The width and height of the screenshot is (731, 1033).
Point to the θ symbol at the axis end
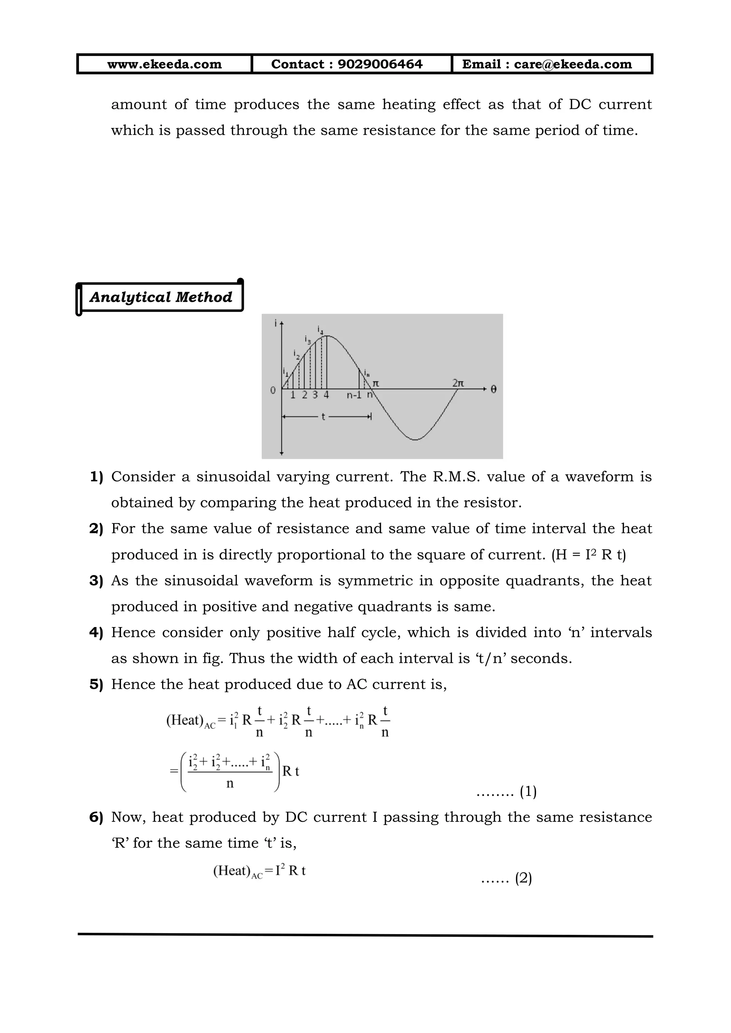[x=493, y=389]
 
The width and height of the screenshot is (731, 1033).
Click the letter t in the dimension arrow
[x=323, y=417]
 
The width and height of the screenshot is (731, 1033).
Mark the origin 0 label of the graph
[x=273, y=390]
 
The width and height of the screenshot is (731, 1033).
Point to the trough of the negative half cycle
[x=415, y=439]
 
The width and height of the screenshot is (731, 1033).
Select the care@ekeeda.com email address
[x=573, y=64]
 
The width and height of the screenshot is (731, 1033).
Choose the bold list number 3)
[x=96, y=580]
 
